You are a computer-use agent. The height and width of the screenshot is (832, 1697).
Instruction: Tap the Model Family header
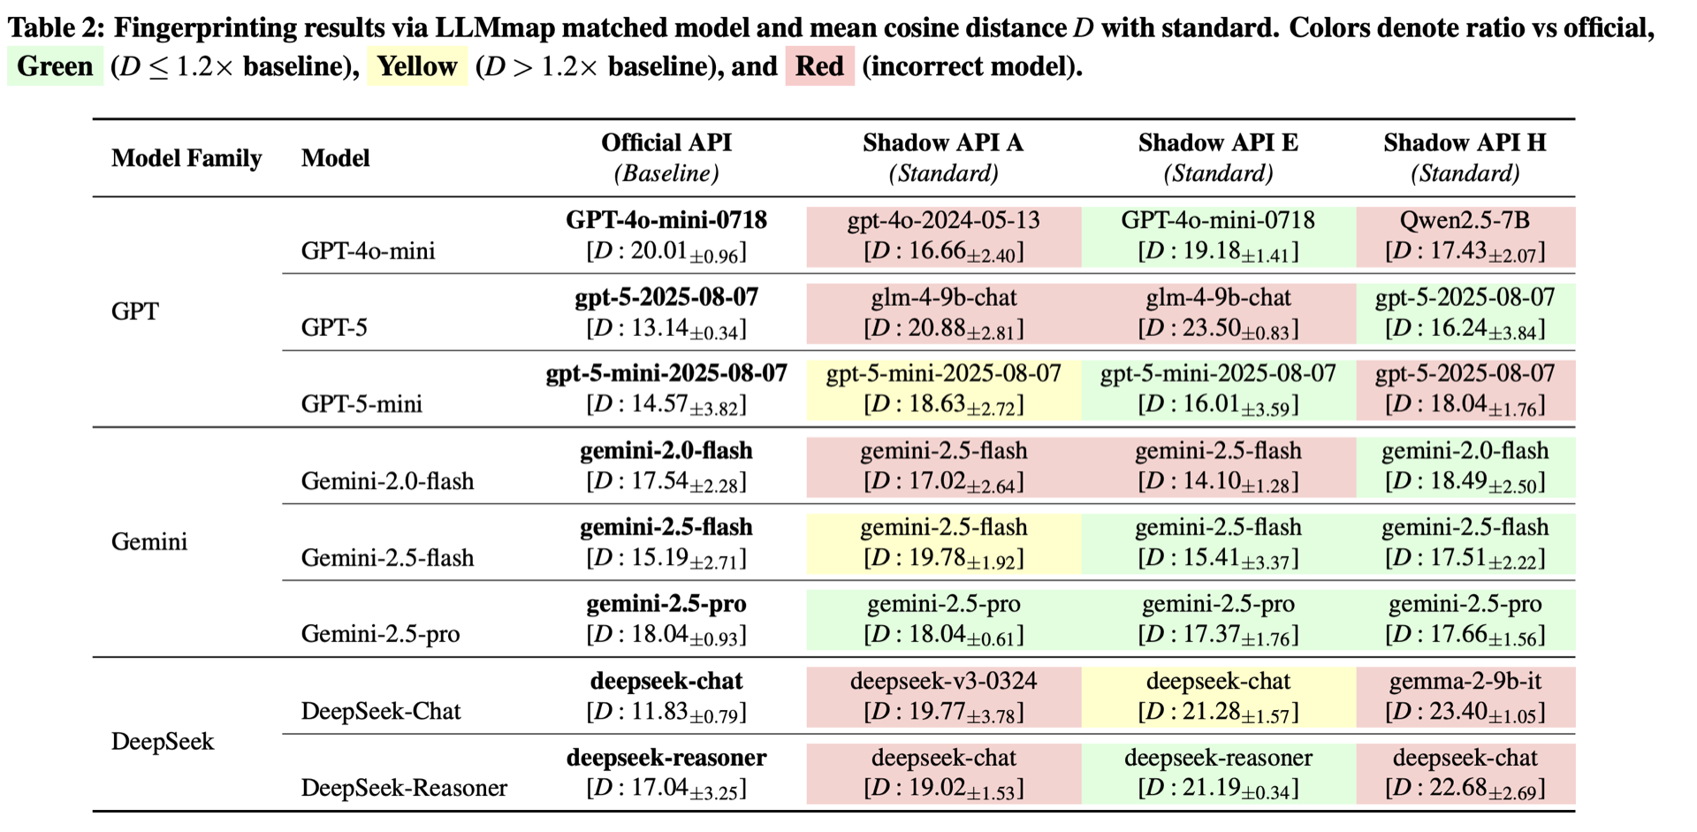click(186, 158)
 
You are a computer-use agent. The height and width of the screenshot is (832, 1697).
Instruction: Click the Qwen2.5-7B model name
click(1465, 220)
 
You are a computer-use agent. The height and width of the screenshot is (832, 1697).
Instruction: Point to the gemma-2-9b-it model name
click(1465, 681)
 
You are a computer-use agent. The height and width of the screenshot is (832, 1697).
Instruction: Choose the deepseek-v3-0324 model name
click(943, 681)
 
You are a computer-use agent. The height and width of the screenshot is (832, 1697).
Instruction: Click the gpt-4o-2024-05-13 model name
click(943, 220)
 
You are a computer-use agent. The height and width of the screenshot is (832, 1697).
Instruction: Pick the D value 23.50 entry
click(1218, 329)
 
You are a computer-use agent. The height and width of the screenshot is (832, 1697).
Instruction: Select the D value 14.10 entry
click(1218, 482)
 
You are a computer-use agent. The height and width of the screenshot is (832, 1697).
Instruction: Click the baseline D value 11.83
click(666, 712)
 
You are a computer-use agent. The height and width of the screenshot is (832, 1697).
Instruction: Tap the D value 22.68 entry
click(1465, 788)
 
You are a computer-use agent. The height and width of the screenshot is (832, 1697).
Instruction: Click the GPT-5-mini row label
click(361, 404)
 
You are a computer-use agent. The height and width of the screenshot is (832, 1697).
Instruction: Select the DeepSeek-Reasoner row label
click(404, 788)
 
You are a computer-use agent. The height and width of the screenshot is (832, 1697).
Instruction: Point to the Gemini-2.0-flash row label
click(387, 481)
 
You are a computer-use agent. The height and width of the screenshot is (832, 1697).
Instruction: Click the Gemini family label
click(149, 541)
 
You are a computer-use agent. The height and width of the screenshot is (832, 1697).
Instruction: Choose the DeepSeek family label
click(163, 741)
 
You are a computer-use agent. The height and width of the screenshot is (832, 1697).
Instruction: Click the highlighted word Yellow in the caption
click(417, 66)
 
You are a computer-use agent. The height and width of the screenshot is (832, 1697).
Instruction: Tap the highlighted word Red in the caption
click(819, 66)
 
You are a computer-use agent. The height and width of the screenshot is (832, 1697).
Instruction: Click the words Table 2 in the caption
click(55, 28)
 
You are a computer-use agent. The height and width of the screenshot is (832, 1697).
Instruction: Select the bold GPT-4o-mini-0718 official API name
click(666, 220)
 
